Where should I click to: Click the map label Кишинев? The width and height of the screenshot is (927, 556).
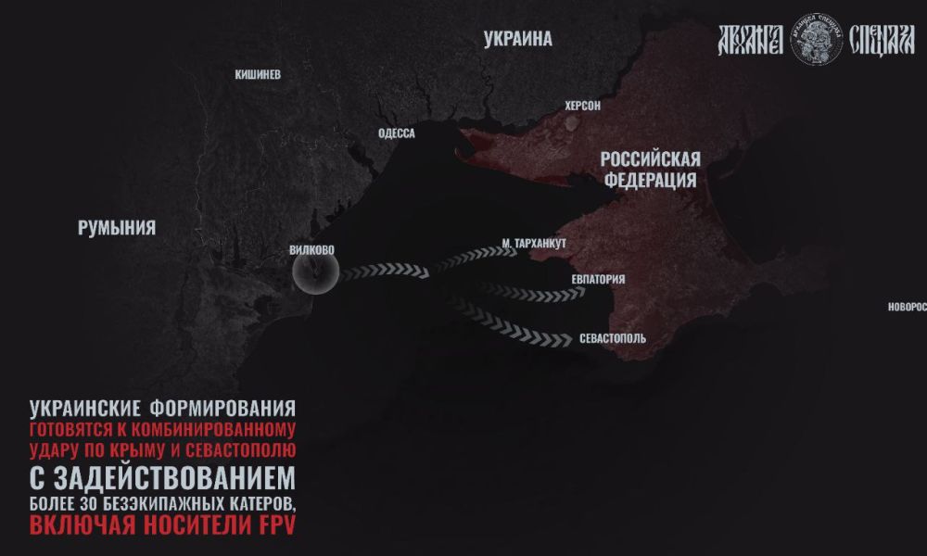coord(258,74)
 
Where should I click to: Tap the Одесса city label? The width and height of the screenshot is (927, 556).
coord(397,133)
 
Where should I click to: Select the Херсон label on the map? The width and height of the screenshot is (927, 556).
coord(582,107)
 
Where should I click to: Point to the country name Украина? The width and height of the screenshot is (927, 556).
coord(518,39)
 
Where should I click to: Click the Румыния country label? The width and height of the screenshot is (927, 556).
coord(117,229)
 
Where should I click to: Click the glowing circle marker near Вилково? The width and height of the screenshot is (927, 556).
coord(315,272)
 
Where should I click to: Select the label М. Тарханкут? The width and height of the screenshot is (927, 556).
coord(533,244)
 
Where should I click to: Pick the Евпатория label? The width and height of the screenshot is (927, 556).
coord(598,279)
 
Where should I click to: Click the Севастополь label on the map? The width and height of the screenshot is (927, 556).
coord(613,339)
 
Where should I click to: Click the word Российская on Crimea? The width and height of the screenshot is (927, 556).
coord(650,158)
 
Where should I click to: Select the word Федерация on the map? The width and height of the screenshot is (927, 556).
coord(650,179)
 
